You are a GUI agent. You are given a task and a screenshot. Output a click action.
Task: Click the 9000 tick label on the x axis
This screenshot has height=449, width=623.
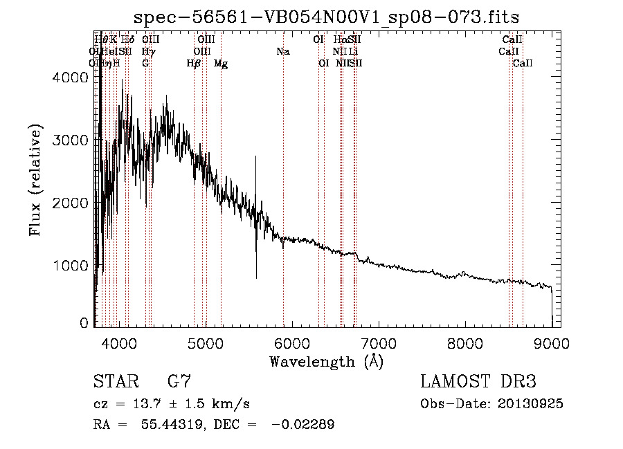point(551,342)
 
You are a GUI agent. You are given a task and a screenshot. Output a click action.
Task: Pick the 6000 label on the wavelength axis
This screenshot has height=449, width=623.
point(291,342)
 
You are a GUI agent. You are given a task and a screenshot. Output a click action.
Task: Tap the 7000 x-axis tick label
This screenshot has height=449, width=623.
point(378,342)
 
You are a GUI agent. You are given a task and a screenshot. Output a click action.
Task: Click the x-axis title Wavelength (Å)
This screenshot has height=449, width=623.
point(326,361)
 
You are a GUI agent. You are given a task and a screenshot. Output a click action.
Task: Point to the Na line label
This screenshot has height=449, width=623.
point(282,52)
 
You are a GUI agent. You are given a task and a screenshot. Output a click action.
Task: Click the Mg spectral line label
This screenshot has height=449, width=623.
point(221,64)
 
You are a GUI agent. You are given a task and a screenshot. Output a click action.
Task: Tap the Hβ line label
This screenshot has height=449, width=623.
point(194,64)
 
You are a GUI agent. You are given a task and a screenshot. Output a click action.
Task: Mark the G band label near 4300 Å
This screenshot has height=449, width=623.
point(145,64)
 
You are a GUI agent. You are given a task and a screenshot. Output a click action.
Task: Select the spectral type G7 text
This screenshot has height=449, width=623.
point(179,381)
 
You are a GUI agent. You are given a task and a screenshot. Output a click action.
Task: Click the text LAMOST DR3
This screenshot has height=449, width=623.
point(478,381)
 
